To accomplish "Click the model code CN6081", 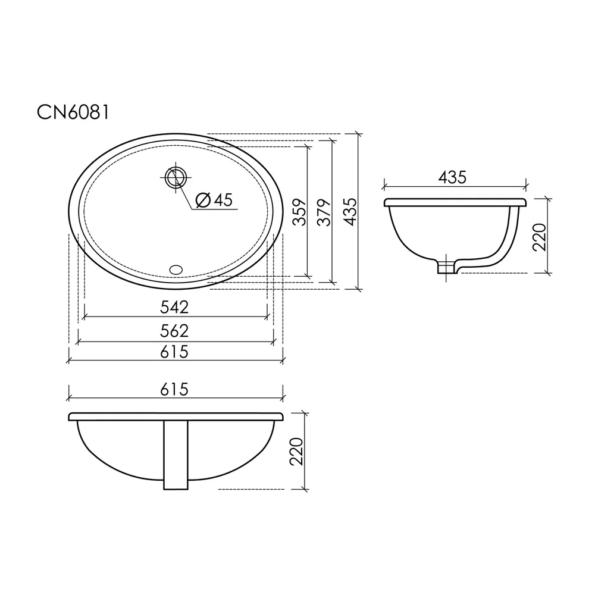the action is (x=73, y=112).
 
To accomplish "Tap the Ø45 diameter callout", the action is (x=214, y=200).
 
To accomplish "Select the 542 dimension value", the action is (x=174, y=307).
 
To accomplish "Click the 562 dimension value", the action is (x=174, y=331).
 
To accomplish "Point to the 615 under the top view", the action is (x=174, y=352).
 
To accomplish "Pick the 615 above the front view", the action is (x=174, y=389).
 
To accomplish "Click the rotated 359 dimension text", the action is (x=299, y=212).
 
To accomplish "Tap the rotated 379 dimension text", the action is (x=324, y=212).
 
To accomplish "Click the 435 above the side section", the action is (x=452, y=177).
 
